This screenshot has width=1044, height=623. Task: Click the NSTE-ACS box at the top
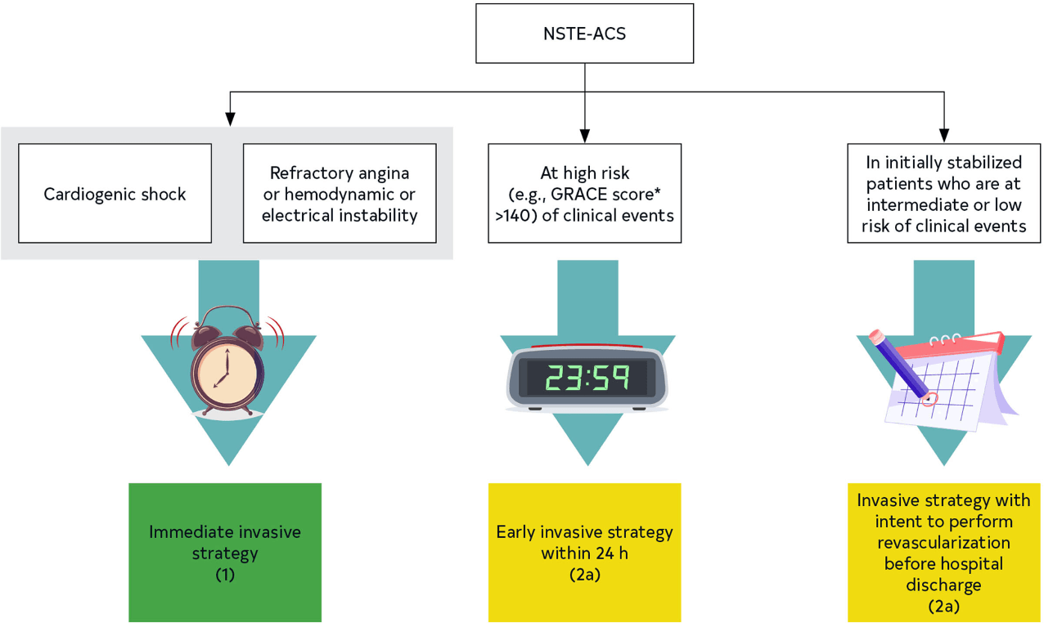pos(584,34)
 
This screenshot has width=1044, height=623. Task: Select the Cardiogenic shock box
pos(115,194)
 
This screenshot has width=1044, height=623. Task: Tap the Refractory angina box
pos(340,194)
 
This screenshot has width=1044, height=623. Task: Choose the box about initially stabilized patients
pos(944,194)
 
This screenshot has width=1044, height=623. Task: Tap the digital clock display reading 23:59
pos(587,377)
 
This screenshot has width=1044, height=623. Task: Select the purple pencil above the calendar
pos(898,363)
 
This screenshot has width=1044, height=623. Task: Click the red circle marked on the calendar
pos(929,400)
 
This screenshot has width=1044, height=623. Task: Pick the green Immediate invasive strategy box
pos(225,552)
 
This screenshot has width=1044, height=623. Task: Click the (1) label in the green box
pos(225,574)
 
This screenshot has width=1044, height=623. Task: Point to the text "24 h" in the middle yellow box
pos(611,553)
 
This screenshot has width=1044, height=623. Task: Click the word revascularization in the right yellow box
pos(943,542)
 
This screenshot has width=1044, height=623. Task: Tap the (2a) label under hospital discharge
pos(943,606)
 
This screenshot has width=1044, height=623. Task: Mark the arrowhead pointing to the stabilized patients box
pos(944,135)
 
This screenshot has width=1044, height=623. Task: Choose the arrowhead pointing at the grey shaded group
pos(231,119)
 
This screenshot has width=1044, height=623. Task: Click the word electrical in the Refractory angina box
pos(298,216)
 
